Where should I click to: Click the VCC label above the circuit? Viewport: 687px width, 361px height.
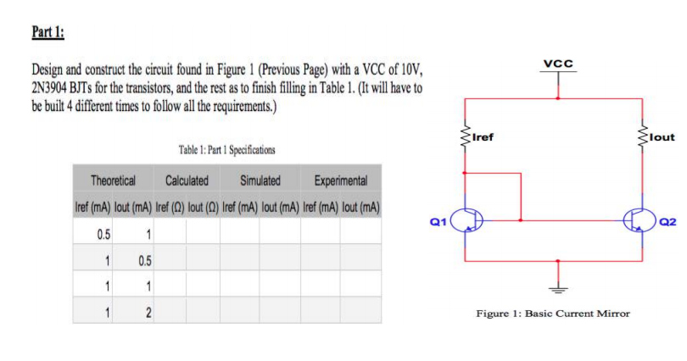point(558,64)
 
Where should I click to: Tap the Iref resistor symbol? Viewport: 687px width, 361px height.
point(465,134)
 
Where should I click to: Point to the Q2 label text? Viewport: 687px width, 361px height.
point(667,221)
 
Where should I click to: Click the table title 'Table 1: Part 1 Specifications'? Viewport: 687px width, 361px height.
point(227,150)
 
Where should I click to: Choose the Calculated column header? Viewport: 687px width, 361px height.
point(187,180)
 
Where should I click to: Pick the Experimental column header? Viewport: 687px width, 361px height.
point(340,180)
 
